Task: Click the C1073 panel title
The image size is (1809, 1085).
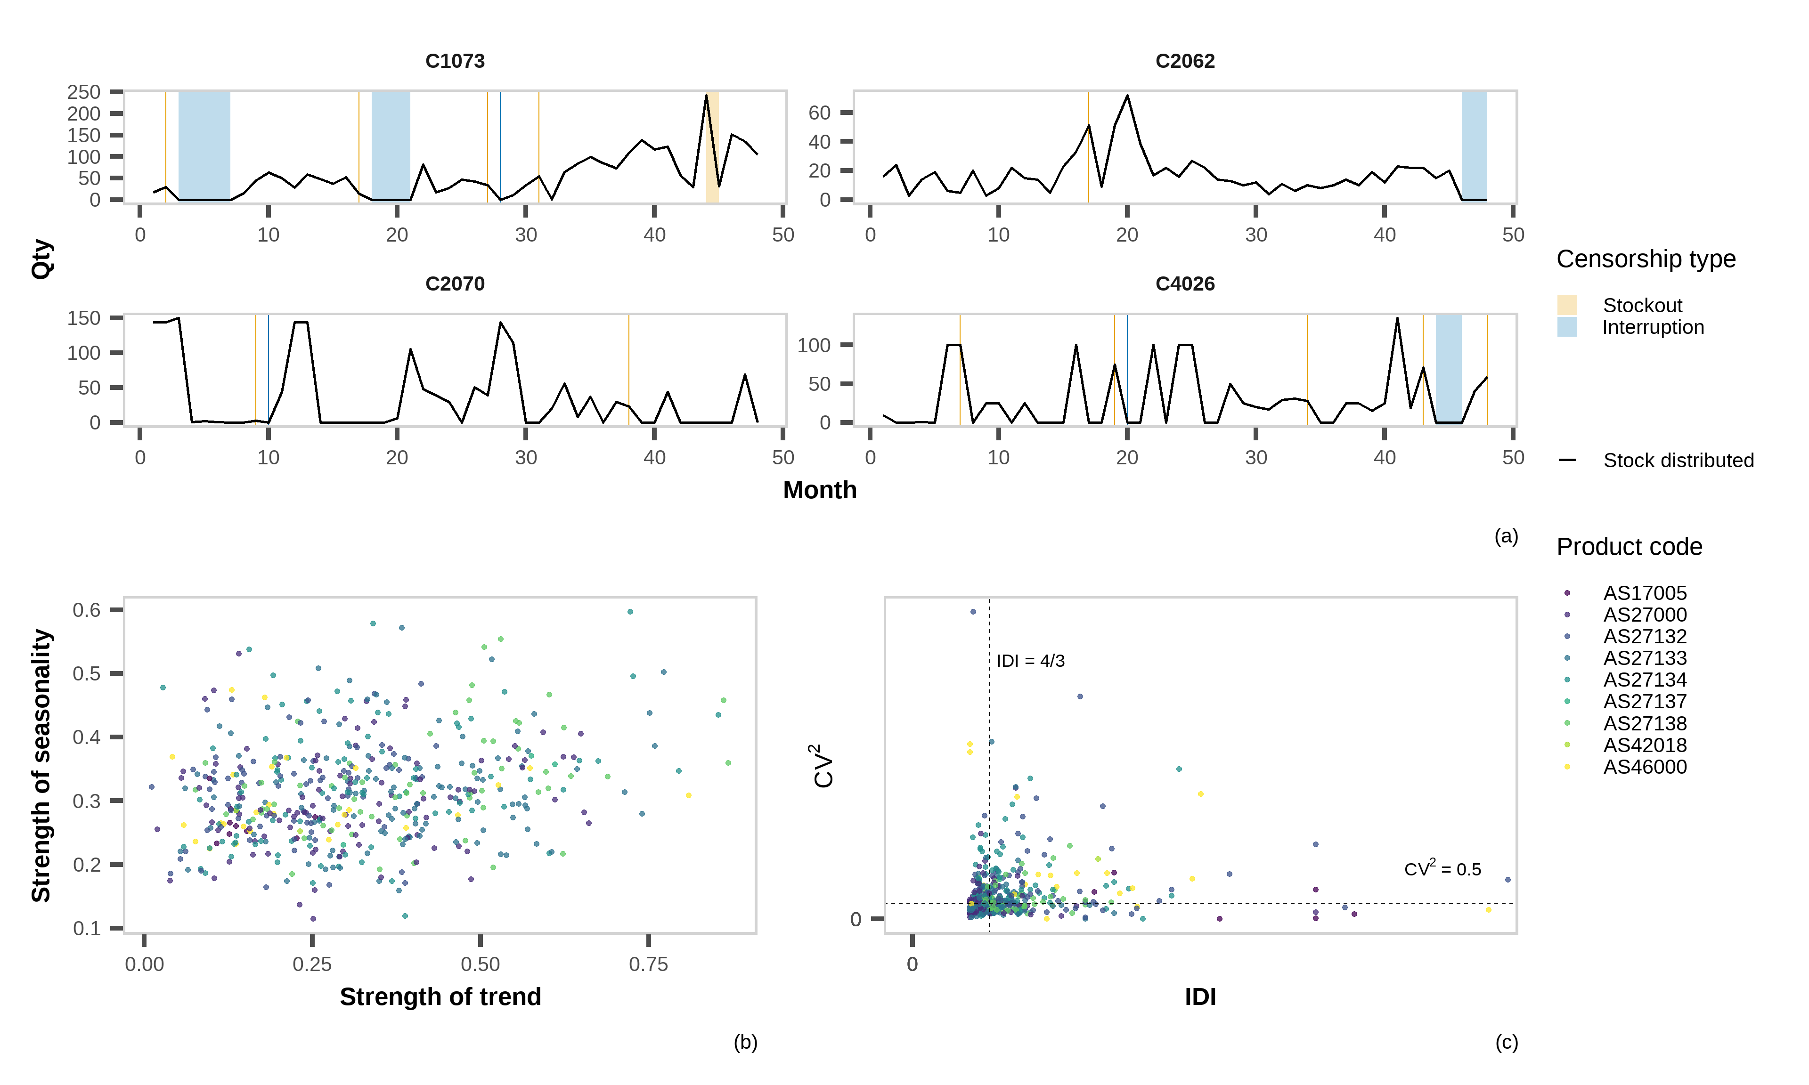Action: pos(455,61)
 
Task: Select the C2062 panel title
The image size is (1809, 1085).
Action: pos(1184,61)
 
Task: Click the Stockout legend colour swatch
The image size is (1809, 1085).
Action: pos(1567,305)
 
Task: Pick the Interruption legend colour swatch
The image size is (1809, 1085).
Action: pos(1567,327)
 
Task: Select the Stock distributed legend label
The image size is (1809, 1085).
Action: pos(1678,461)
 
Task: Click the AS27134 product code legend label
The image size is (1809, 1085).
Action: pos(1645,680)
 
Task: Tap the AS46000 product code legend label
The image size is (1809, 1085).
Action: pos(1645,767)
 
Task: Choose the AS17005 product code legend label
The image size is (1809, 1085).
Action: pos(1645,593)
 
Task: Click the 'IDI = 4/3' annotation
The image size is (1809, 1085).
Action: pos(1030,661)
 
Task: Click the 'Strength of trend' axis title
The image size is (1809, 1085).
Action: pos(440,996)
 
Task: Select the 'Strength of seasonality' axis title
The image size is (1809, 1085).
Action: pos(41,766)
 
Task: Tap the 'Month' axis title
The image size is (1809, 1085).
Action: pos(820,490)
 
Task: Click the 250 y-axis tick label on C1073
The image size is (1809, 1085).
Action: pos(83,92)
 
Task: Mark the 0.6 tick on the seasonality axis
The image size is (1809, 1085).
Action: pos(86,610)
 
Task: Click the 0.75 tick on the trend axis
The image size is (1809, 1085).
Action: pos(648,964)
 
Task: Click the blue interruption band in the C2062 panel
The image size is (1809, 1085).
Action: pos(1474,146)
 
